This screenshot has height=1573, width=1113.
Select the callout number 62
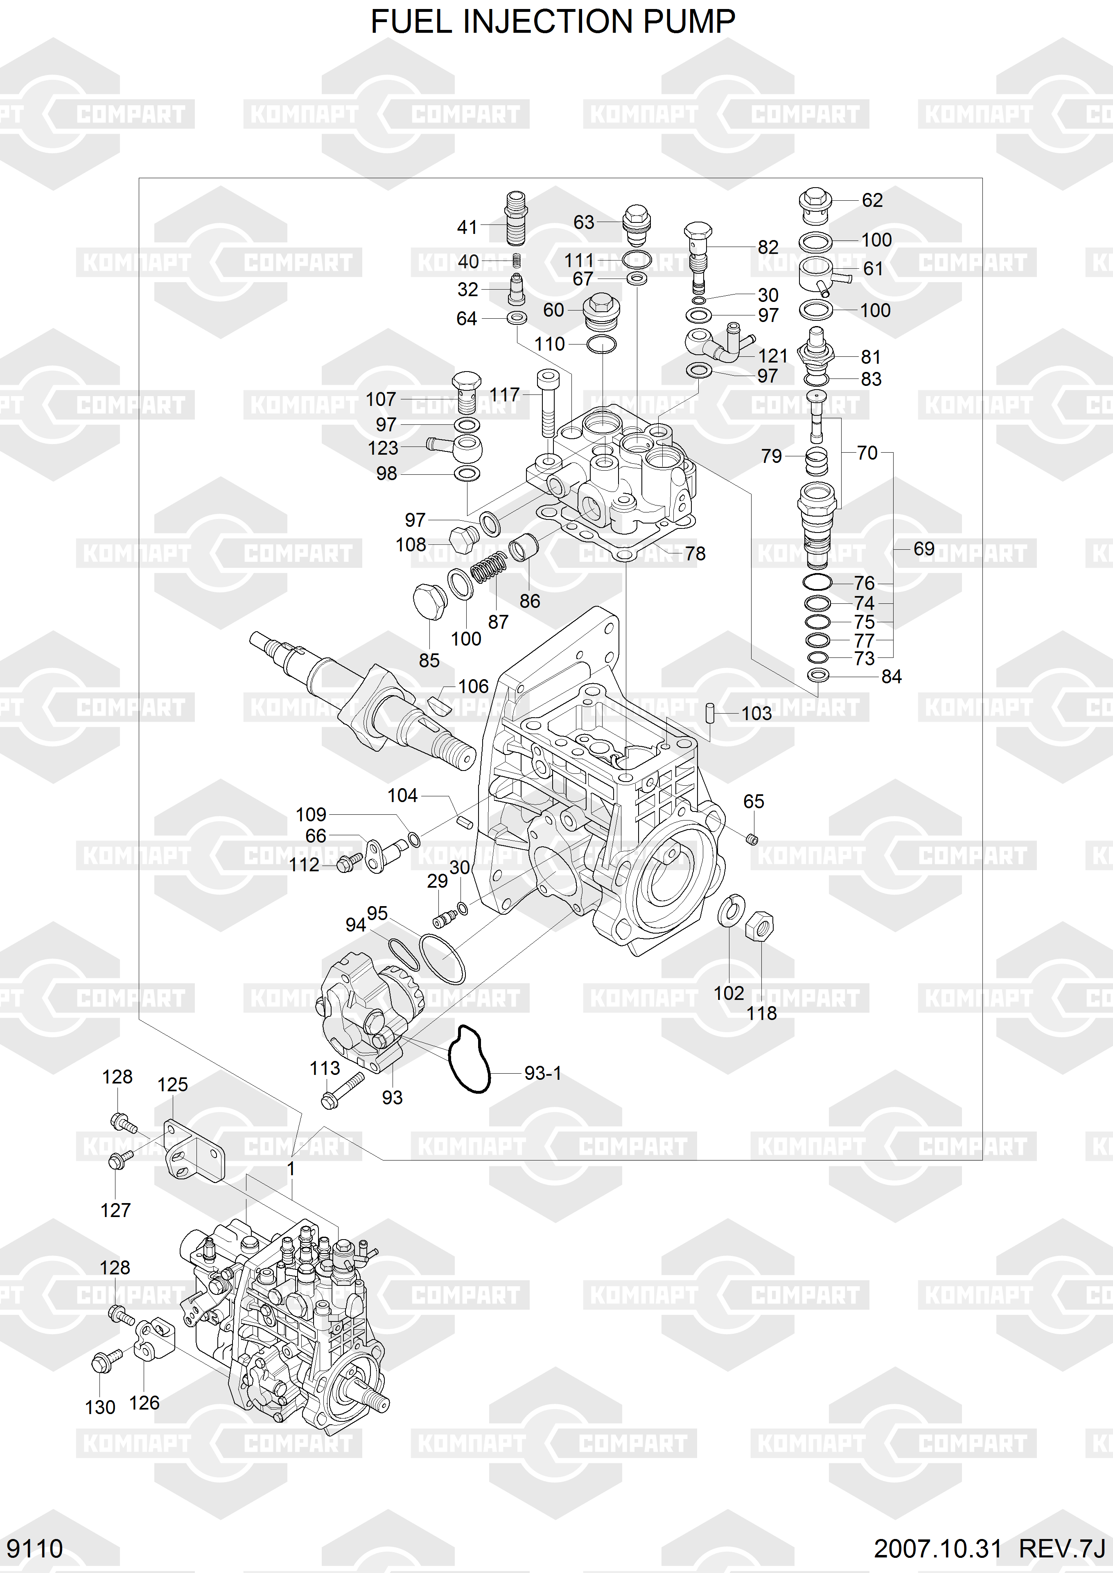872,200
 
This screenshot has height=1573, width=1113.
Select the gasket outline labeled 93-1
469,1059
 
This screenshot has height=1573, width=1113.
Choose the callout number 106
473,687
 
